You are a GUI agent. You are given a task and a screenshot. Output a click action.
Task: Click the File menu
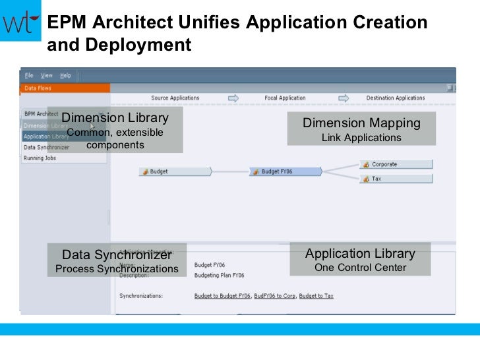(29, 76)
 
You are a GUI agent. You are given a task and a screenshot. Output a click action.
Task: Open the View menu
(47, 76)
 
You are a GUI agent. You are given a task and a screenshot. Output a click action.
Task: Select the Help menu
(65, 76)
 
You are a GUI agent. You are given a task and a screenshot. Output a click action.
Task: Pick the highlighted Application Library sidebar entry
(45, 136)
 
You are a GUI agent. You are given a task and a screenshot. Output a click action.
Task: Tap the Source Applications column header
(175, 98)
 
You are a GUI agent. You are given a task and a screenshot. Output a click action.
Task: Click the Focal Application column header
(285, 98)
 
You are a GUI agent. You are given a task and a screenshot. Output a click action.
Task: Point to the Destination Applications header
(396, 98)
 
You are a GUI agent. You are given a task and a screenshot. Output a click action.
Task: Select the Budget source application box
(175, 171)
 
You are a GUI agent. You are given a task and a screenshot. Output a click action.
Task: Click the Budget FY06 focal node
(285, 171)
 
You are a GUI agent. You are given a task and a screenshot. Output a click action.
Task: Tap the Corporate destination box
(396, 164)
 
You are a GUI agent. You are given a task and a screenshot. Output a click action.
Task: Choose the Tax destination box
(396, 179)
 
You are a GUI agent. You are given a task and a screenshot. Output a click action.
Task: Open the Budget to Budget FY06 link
(222, 296)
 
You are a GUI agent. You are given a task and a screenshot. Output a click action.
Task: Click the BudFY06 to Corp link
(274, 296)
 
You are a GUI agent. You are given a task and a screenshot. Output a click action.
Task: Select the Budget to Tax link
(316, 296)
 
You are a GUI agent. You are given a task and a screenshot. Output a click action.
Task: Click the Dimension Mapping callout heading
(361, 123)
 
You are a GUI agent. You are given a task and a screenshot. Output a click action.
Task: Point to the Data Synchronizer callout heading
(117, 255)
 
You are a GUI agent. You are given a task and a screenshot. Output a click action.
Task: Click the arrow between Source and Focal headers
(233, 98)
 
